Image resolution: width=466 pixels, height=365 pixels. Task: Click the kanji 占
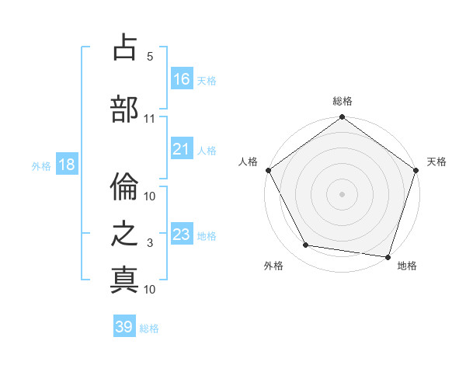click(124, 49)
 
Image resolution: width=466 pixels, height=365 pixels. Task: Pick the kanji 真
click(124, 279)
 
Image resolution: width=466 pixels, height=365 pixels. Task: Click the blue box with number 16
click(182, 79)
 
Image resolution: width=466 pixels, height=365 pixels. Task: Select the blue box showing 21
click(182, 149)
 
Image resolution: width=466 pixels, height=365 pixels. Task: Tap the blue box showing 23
click(182, 235)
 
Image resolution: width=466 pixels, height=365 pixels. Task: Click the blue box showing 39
click(124, 327)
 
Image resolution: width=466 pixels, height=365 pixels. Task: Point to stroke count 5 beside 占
click(149, 57)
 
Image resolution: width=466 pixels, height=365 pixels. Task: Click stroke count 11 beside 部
click(149, 119)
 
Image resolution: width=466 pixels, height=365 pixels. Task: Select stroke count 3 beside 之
click(149, 243)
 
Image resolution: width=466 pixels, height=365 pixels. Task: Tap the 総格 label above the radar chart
click(343, 101)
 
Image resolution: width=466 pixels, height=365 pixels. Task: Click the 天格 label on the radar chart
click(436, 162)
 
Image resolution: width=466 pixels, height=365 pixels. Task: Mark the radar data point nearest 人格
click(268, 170)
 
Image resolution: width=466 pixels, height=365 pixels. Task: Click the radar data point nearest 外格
click(306, 245)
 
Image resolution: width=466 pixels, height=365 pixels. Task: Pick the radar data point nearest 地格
click(388, 256)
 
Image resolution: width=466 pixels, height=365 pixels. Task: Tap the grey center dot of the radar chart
click(342, 193)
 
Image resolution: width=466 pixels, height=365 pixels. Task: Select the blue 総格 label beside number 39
click(149, 328)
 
